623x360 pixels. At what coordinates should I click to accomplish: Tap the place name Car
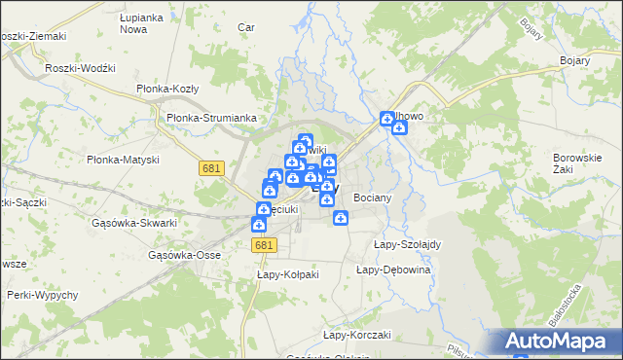(246, 27)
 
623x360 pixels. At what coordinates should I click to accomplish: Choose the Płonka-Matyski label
(122, 160)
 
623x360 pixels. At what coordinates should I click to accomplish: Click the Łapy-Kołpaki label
(288, 274)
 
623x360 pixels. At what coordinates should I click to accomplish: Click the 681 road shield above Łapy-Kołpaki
(263, 246)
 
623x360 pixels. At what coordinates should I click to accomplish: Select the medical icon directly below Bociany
(341, 218)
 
